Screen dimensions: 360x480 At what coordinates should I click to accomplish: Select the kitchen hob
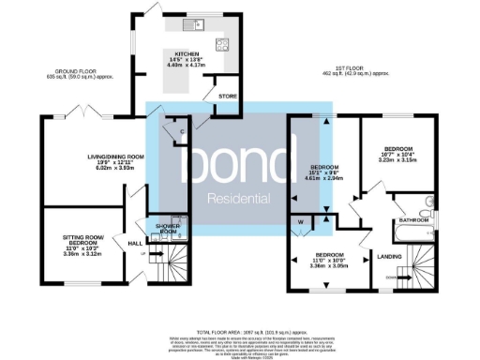[222, 43]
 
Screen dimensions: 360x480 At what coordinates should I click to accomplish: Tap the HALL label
[133, 241]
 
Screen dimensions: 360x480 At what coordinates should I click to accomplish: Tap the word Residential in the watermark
[239, 198]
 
